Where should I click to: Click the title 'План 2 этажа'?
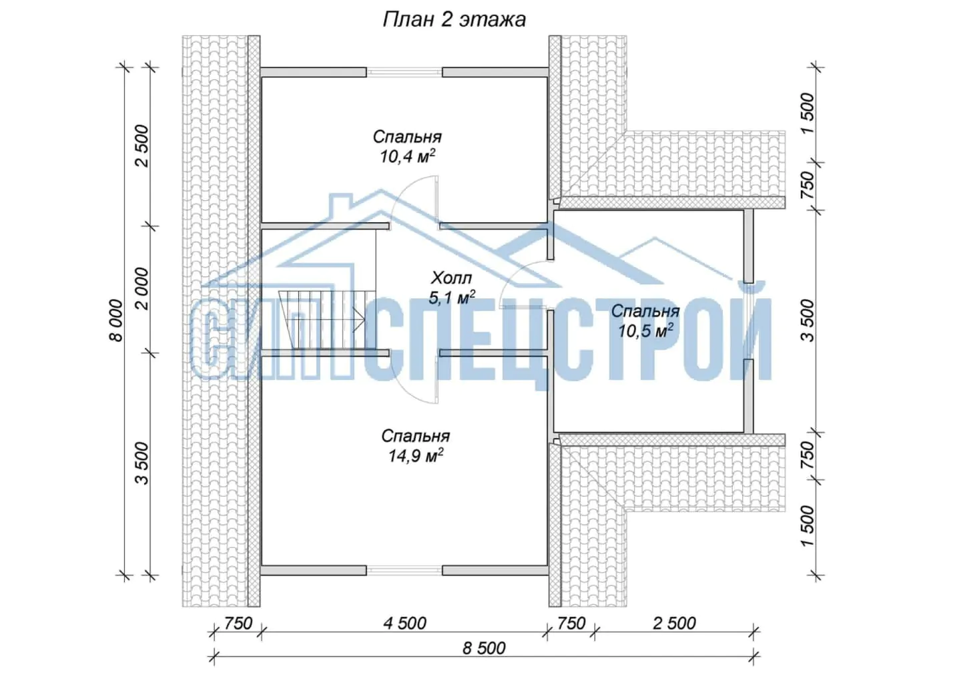click(x=454, y=20)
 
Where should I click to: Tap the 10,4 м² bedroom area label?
click(x=407, y=156)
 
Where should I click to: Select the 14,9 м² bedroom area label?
click(x=415, y=455)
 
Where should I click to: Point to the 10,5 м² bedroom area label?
click(x=645, y=330)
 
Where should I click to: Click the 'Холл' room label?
click(x=451, y=278)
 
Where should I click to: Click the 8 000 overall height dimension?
click(x=116, y=320)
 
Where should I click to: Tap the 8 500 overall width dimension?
click(x=484, y=648)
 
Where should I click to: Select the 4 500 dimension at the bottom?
click(x=404, y=623)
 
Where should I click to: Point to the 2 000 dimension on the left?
click(x=141, y=289)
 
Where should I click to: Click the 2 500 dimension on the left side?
click(x=141, y=146)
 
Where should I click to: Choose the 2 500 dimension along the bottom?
click(x=674, y=623)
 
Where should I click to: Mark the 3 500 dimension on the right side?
click(x=807, y=320)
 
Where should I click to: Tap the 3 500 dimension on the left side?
click(x=141, y=463)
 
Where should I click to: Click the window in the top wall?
click(x=404, y=72)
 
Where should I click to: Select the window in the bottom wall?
click(x=404, y=570)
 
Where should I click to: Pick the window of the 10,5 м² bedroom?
click(x=749, y=321)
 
